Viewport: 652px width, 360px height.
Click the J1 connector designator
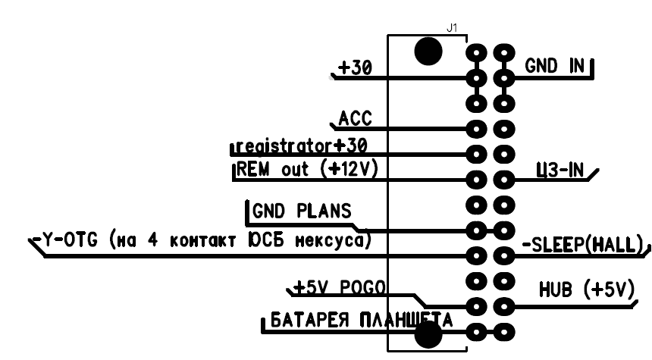[x=452, y=28]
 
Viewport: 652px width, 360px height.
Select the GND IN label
[x=554, y=67]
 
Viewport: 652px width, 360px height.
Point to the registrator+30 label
[x=301, y=144]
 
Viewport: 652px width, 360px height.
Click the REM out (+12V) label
[x=307, y=170]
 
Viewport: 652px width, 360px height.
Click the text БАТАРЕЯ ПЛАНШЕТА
[x=356, y=320]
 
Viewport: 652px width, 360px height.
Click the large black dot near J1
[x=429, y=52]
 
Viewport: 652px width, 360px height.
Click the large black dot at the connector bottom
[x=429, y=333]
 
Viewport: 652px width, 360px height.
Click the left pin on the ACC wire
[x=476, y=129]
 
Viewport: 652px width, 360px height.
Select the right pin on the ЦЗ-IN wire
[x=503, y=180]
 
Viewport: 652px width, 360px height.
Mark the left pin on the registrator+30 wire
[x=476, y=155]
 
